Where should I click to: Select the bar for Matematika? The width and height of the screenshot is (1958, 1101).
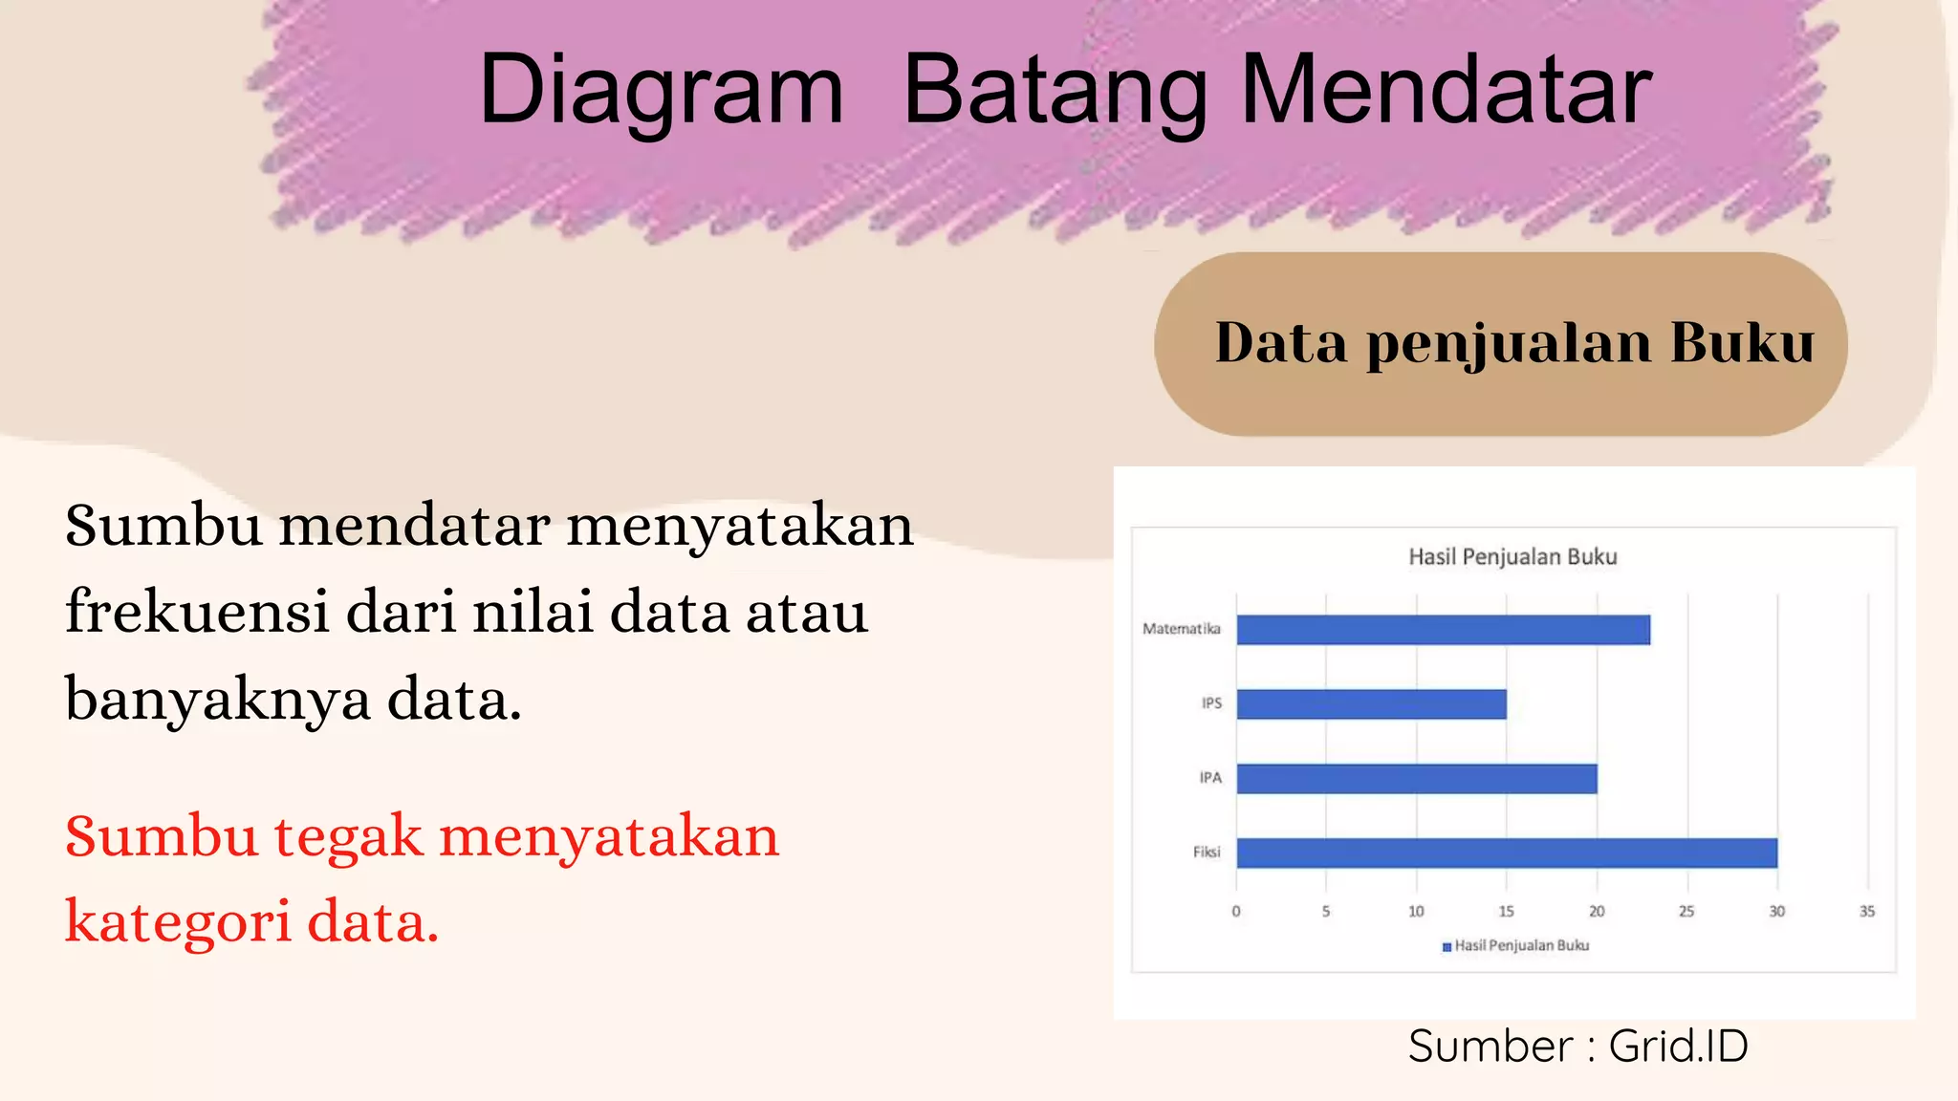pos(1443,630)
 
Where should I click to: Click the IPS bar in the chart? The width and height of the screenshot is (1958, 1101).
pos(1371,704)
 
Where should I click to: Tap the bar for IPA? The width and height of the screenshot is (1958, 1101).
pos(1416,779)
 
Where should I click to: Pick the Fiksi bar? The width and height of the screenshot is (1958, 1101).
pos(1507,853)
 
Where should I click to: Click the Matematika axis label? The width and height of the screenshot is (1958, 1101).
pos(1182,629)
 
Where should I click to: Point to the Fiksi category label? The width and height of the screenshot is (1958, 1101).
pos(1207,852)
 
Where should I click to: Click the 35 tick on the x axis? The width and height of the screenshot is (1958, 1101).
pos(1866,912)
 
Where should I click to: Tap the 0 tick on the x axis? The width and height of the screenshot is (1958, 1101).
pos(1236,912)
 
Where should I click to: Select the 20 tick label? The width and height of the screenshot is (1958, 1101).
pos(1597,912)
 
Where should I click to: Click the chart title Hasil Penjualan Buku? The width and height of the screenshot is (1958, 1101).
pos(1512,557)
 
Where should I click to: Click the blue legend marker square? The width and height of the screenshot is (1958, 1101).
pos(1447,947)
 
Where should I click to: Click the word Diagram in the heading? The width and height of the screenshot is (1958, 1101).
pos(661,90)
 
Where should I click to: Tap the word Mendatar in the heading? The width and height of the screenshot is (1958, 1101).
pos(1446,90)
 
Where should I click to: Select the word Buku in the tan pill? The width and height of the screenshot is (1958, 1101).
pos(1742,343)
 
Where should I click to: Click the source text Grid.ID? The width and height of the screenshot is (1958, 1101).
pos(1678,1047)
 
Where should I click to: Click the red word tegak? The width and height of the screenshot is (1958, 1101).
pos(348,837)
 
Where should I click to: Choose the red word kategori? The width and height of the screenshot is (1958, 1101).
pos(178,923)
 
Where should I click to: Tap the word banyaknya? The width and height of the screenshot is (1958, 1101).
pos(217,700)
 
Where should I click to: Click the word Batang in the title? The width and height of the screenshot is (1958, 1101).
pos(1055,92)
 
